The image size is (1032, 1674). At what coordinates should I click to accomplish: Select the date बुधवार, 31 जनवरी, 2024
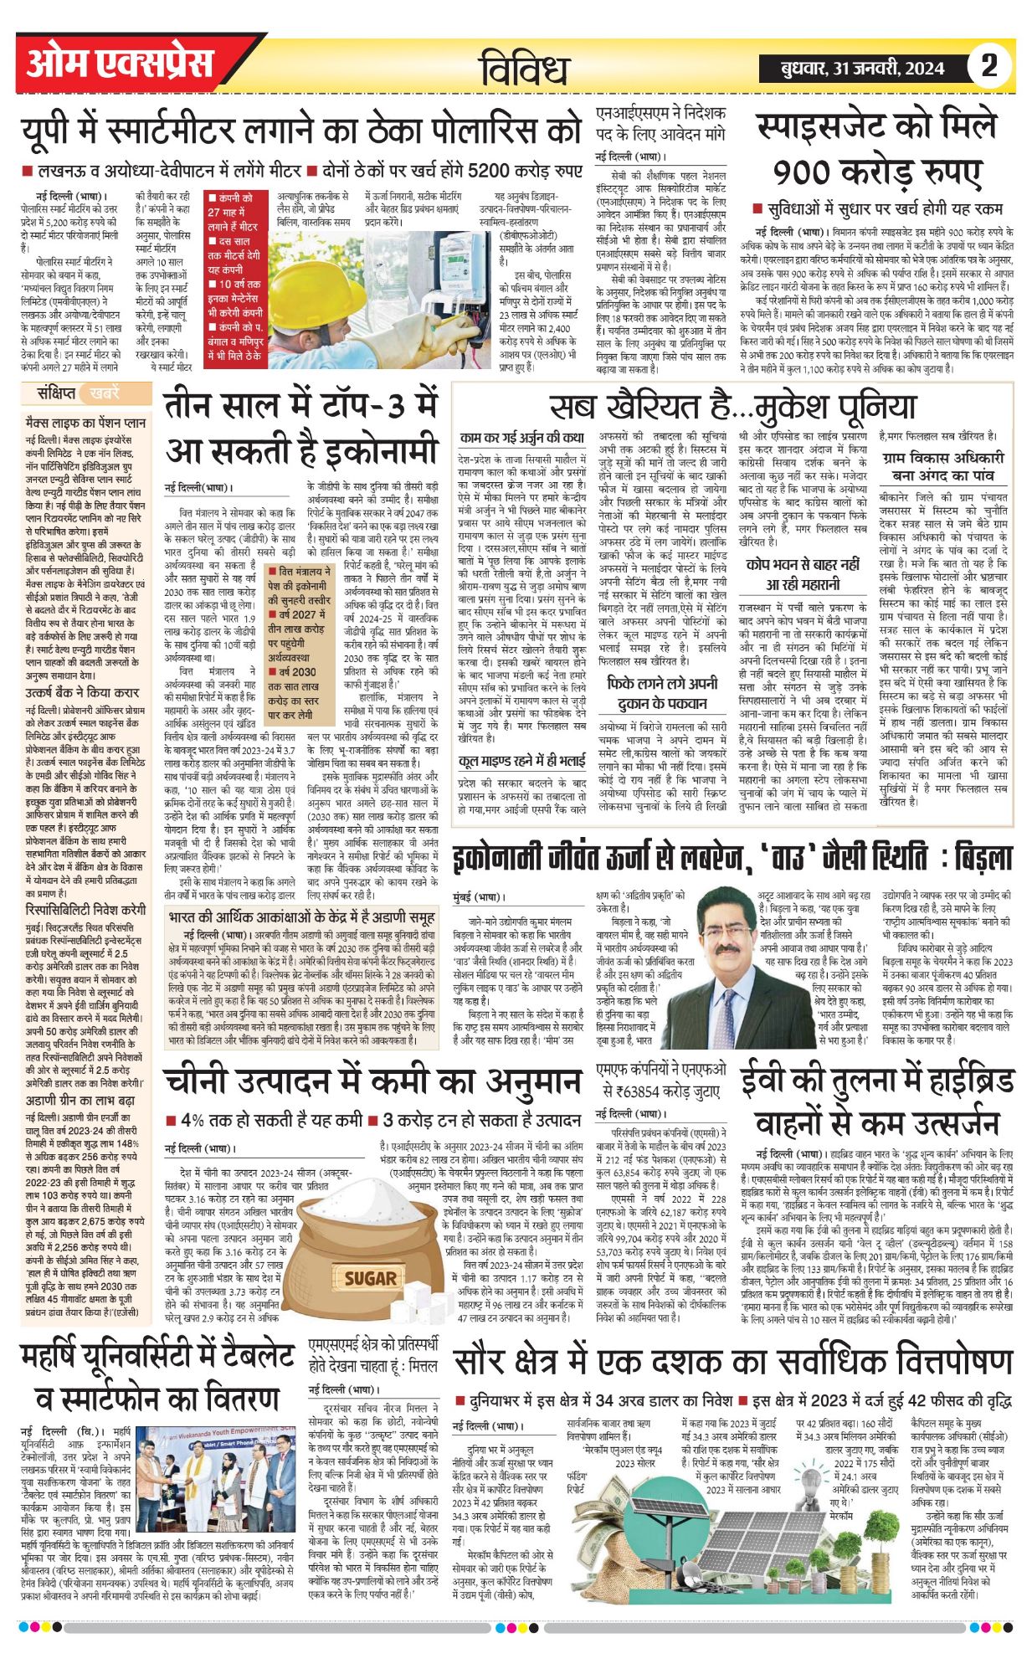coord(863,69)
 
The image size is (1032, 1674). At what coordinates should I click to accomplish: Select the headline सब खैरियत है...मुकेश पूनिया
coord(733,407)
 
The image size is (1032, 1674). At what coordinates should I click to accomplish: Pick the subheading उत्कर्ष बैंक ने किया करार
coord(82,694)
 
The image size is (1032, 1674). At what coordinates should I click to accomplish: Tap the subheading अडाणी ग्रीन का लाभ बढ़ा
coord(80,1100)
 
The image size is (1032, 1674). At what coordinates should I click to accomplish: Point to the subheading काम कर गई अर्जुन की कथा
coord(521,438)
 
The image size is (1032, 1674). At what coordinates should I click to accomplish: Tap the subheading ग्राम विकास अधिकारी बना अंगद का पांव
coord(942,466)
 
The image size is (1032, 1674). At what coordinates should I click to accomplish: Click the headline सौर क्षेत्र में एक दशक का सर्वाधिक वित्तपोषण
coord(733,1361)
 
